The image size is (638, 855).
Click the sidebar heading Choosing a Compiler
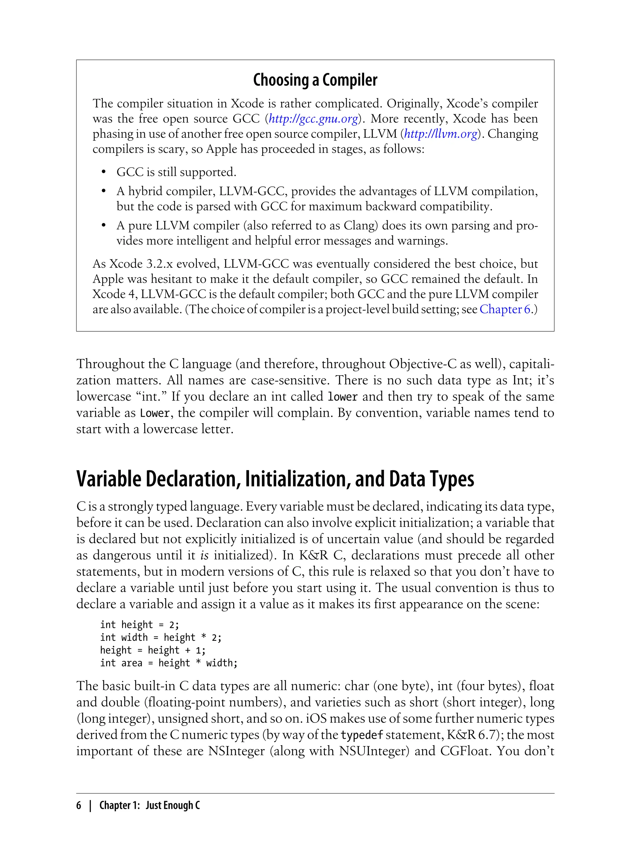[315, 80]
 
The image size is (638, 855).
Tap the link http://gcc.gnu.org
[313, 119]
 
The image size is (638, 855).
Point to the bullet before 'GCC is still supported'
[103, 172]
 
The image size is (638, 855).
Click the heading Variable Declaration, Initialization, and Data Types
[275, 479]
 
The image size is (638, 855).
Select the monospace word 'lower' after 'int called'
[343, 397]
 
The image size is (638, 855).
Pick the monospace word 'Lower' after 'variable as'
[155, 413]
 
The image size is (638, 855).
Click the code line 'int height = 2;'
[140, 625]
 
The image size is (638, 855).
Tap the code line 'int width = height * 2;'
[161, 637]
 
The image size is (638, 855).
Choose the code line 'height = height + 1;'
[153, 650]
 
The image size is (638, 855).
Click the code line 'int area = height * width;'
[169, 663]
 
